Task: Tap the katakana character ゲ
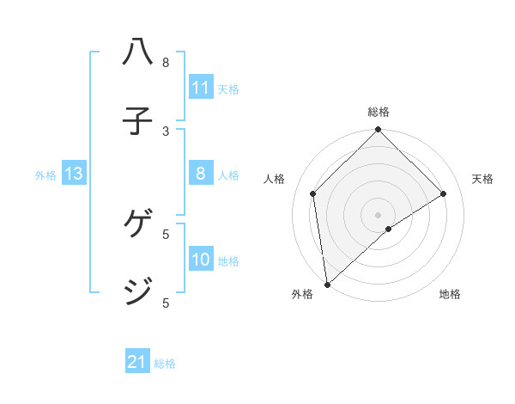coord(138,225)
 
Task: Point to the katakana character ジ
coord(138,291)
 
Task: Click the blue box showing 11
coord(201,88)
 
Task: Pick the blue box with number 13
coord(74,174)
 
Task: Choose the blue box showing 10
coord(201,260)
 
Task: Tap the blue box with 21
coord(137,363)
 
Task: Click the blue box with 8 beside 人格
coord(201,174)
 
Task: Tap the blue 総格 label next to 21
coord(165,364)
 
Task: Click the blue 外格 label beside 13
coord(45,175)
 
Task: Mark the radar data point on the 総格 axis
coord(378,131)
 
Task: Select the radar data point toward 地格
coord(389,229)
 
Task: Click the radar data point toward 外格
coord(326,284)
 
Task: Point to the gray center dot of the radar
coord(378,213)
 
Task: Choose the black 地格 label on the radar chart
coord(450,294)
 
